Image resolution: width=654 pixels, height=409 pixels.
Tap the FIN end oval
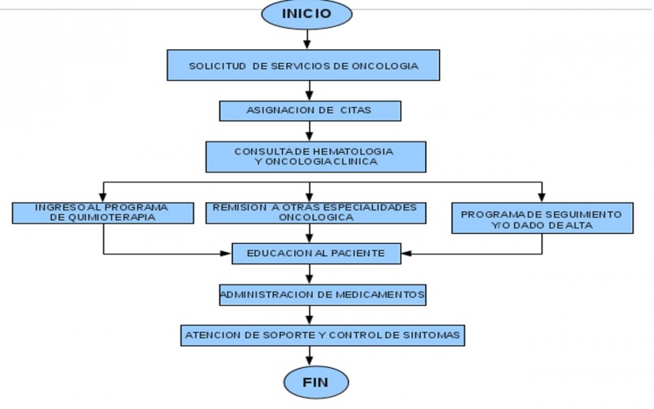(316, 381)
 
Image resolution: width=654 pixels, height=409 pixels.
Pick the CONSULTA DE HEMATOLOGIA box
(314, 156)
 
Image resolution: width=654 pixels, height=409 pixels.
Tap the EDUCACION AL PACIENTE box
(315, 254)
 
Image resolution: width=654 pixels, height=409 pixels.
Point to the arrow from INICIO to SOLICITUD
(307, 38)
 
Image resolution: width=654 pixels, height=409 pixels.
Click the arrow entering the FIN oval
(308, 355)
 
